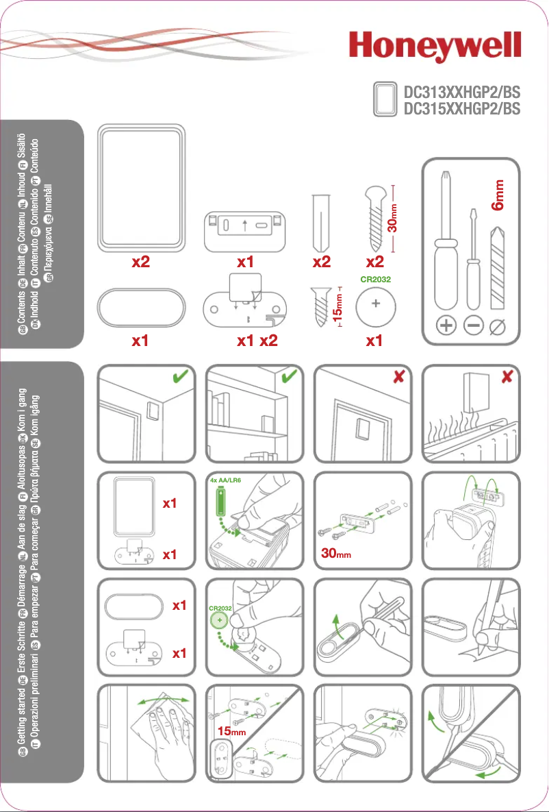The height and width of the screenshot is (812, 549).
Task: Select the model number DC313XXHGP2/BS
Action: tap(462, 91)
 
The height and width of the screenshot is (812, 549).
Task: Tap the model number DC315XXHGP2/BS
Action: tap(462, 108)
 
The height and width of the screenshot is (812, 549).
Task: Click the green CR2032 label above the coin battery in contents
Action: tap(374, 279)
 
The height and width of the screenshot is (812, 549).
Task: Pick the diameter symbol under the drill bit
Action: tap(498, 327)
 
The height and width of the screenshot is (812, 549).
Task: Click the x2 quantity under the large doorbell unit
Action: tap(141, 262)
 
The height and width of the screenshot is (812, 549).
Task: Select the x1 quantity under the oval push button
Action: tap(141, 341)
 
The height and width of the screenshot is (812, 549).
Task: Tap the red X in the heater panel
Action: tap(507, 378)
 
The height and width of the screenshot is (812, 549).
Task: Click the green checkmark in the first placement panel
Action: tap(181, 378)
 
